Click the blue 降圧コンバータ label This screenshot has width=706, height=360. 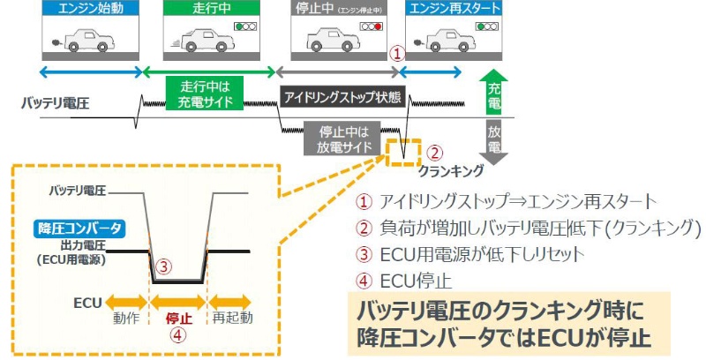(79, 229)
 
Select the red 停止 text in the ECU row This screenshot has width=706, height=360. (179, 318)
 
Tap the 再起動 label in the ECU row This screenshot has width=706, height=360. (232, 318)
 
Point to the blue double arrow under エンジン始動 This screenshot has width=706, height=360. (91, 70)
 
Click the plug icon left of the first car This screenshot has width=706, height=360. (58, 41)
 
